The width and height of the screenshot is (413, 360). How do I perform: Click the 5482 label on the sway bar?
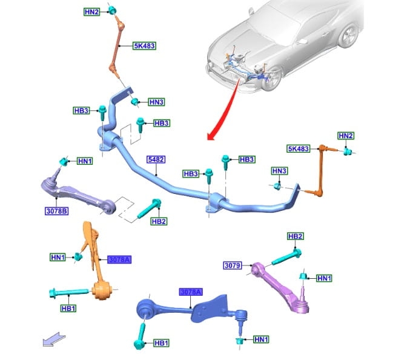(156, 160)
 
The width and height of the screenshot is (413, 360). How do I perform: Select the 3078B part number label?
(56, 212)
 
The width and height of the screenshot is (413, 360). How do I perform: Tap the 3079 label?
(233, 265)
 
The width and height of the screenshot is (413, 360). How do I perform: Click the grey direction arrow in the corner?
(52, 340)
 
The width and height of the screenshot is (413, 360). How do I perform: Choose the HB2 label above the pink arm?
(295, 236)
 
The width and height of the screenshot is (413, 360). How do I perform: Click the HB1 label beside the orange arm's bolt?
(68, 308)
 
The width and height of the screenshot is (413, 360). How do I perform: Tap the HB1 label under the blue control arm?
(160, 343)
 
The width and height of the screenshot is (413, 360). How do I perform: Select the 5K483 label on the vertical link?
(145, 45)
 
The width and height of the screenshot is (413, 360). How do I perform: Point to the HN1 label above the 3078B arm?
(85, 161)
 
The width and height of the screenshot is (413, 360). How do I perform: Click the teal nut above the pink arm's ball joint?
(303, 277)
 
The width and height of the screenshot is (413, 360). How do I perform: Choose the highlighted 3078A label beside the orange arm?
(119, 259)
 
